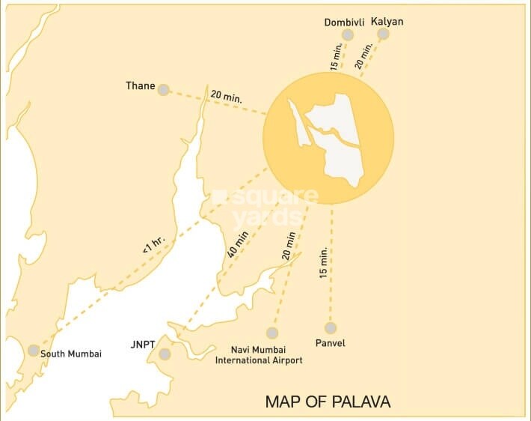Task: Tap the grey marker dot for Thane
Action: coord(163,88)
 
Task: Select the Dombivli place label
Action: coord(344,22)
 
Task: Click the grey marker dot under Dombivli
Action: coord(348,36)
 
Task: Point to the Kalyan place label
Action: coord(387,22)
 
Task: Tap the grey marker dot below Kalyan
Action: coord(384,34)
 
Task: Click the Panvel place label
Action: coord(330,343)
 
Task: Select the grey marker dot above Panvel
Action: coord(330,327)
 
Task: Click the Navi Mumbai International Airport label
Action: coord(259,354)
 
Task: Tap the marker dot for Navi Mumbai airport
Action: coord(271,333)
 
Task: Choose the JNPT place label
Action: coord(141,345)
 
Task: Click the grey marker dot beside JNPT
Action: coord(165,354)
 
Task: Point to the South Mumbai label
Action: coord(71,354)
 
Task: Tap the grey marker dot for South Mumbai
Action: coord(33,350)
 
